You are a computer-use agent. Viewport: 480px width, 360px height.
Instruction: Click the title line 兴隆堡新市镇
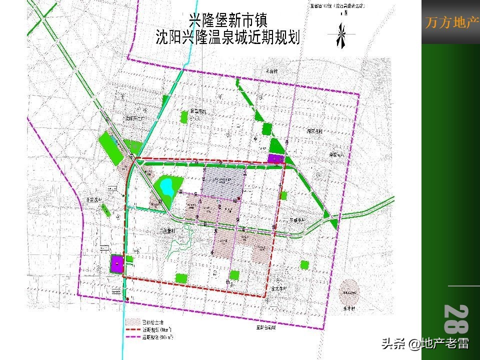tap(228, 20)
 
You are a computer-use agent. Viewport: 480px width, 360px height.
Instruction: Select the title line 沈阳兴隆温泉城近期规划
tap(228, 37)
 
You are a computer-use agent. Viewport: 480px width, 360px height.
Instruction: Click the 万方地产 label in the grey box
tap(451, 23)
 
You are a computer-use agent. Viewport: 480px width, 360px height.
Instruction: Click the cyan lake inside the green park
tap(166, 187)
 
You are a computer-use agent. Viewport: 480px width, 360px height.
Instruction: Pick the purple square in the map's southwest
tap(117, 263)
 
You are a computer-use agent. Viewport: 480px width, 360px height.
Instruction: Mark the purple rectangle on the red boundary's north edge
tap(274, 159)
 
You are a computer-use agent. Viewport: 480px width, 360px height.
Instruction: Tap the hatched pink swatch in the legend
tap(133, 321)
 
